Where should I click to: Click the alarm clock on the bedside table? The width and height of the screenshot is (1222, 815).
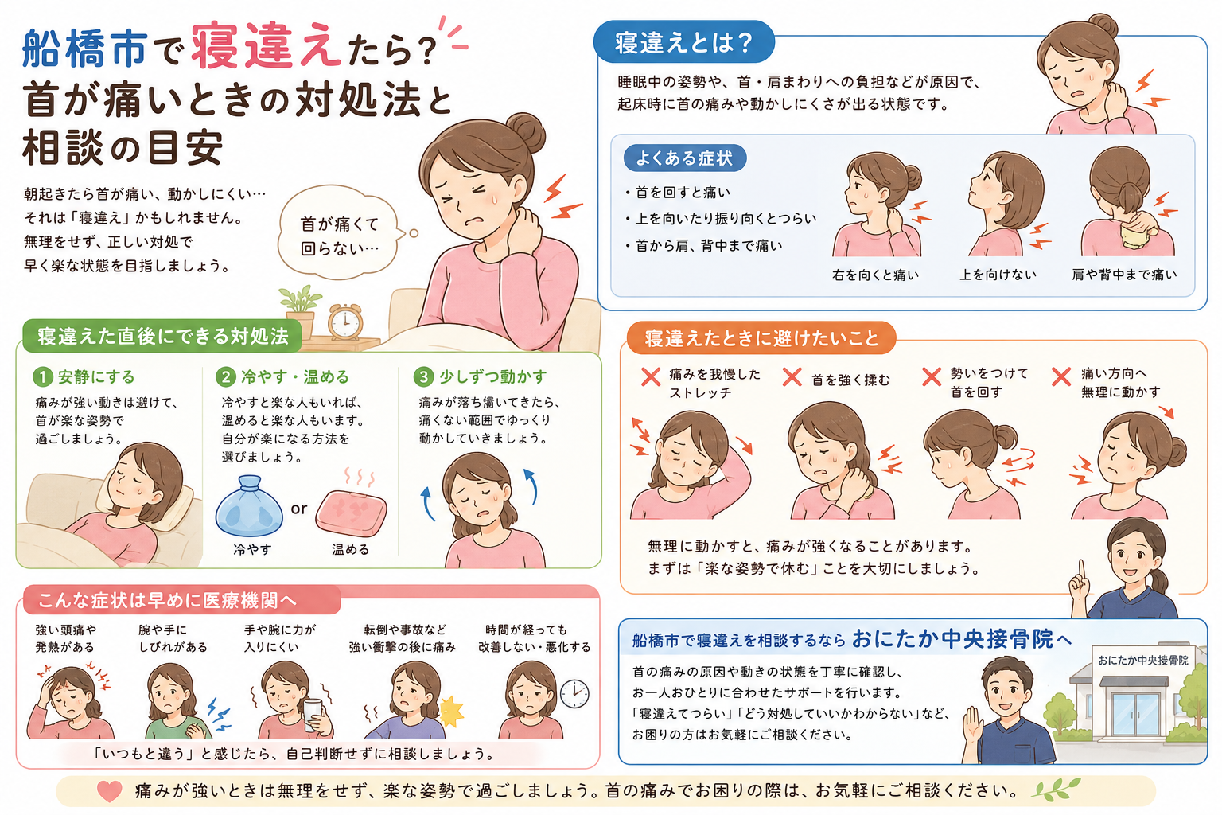point(344,322)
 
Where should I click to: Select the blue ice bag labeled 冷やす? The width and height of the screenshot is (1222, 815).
point(249,506)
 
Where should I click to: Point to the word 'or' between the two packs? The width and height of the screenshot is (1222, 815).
point(299,509)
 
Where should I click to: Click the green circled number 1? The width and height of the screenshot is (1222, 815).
point(42,376)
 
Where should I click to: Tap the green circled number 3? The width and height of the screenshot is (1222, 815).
point(422,376)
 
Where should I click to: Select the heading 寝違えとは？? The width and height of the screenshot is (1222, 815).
point(684,42)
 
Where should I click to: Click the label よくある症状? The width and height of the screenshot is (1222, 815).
point(684,158)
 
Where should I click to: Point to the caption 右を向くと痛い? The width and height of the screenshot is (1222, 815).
point(875,275)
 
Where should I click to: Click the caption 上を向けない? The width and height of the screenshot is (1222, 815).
point(998,275)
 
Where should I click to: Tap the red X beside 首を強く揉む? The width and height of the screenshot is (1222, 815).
point(792,376)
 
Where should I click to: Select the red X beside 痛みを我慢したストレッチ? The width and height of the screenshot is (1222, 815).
point(650,376)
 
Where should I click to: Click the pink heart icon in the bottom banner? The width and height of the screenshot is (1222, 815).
point(109,791)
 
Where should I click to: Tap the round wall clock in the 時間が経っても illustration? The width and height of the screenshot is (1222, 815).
point(575,694)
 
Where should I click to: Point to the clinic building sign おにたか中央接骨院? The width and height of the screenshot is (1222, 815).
point(1143,661)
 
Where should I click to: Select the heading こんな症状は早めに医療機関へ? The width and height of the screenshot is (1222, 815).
point(167,600)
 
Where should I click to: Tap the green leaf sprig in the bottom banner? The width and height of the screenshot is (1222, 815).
point(1057,790)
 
